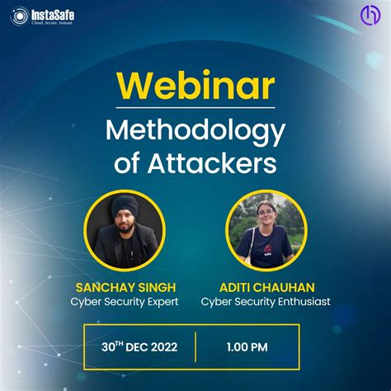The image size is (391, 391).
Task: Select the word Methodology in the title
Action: [195, 132]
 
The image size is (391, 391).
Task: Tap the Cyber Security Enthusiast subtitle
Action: [265, 302]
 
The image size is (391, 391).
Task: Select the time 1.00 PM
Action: [247, 347]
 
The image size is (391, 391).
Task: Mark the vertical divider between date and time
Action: [195, 347]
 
